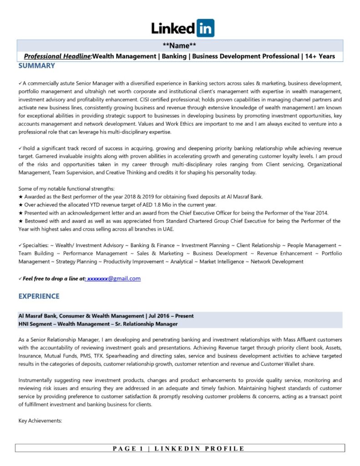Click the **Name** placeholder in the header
coord(180,46)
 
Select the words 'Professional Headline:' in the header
coord(58,56)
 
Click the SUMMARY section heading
coord(36,66)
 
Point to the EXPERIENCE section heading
coord(39,296)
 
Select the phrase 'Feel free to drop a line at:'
coord(54,279)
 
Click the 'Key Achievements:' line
coord(40,421)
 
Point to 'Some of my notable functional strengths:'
coord(66,188)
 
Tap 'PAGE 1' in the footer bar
coord(129,449)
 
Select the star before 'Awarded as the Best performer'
coord(20,197)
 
